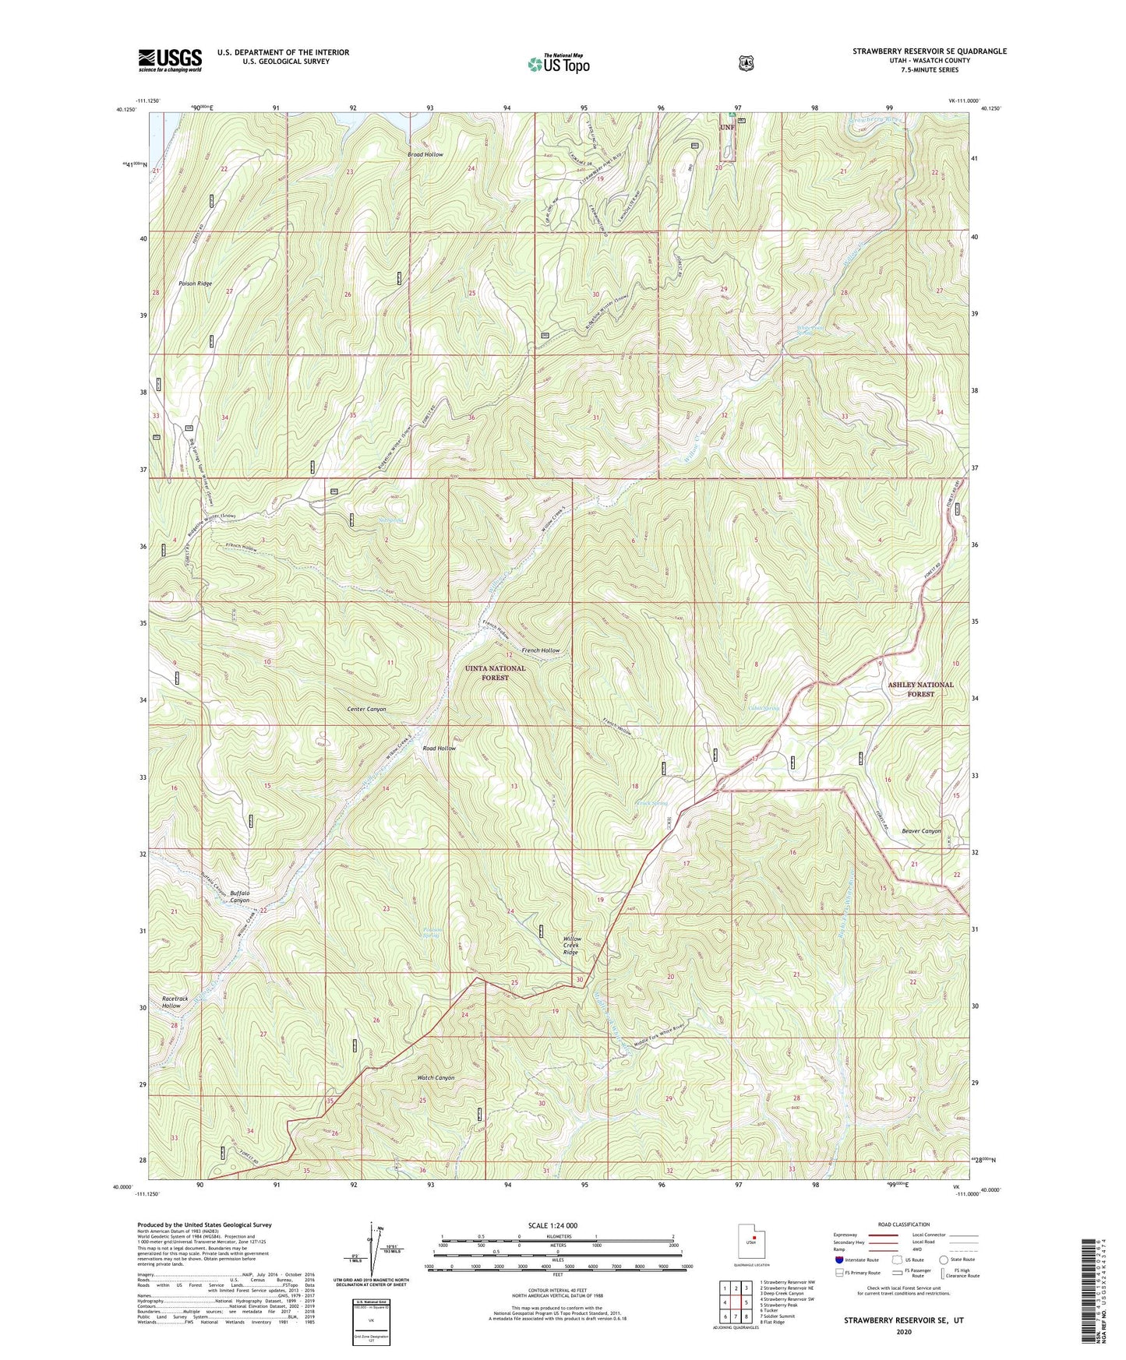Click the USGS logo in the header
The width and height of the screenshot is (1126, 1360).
point(170,60)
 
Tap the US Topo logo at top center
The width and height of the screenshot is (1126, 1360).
point(557,63)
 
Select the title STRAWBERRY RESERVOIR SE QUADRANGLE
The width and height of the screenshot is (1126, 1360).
point(929,51)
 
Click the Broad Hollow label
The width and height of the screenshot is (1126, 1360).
point(425,154)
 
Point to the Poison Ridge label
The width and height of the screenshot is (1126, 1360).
point(195,284)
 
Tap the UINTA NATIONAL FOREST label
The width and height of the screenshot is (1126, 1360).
point(495,673)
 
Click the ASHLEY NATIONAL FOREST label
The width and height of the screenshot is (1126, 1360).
point(920,689)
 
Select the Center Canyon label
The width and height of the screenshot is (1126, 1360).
point(366,710)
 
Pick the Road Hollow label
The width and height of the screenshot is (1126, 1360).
point(439,749)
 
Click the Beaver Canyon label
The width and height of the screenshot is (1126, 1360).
point(921,831)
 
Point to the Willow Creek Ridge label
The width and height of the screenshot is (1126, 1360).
point(571,946)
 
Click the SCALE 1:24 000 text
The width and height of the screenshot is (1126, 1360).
point(552,1226)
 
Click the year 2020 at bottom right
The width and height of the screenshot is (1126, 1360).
point(904,1332)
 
